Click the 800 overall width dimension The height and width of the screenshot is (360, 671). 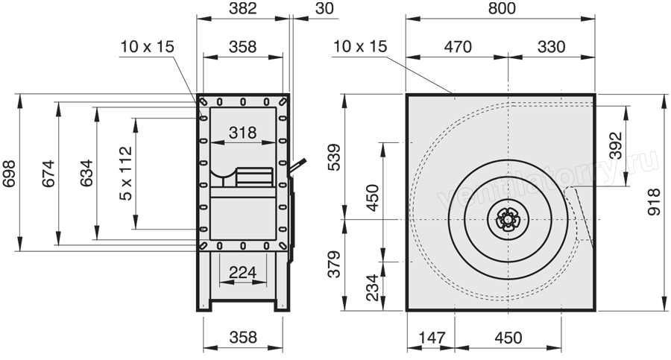pos(502,8)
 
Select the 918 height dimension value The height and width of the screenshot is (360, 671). pos(654,202)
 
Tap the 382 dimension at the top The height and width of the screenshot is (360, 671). pos(242,8)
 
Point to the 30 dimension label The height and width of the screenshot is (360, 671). pos(324,8)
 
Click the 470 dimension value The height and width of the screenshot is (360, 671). pos(458,46)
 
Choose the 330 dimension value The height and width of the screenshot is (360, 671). pos(551,46)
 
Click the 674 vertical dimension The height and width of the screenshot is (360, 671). pos(48,174)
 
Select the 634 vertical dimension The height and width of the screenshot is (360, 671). pos(86,174)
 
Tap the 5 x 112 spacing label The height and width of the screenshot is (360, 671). pos(126,174)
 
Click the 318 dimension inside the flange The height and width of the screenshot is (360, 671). pos(242,133)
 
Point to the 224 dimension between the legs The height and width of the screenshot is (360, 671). pos(242,272)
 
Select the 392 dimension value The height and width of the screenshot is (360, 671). pos(615,145)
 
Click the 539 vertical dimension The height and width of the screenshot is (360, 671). pos(335,157)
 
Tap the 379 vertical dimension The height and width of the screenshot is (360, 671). pos(335,264)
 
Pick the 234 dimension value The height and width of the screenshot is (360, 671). pos(374,287)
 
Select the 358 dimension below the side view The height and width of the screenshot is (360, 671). pos(242,338)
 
